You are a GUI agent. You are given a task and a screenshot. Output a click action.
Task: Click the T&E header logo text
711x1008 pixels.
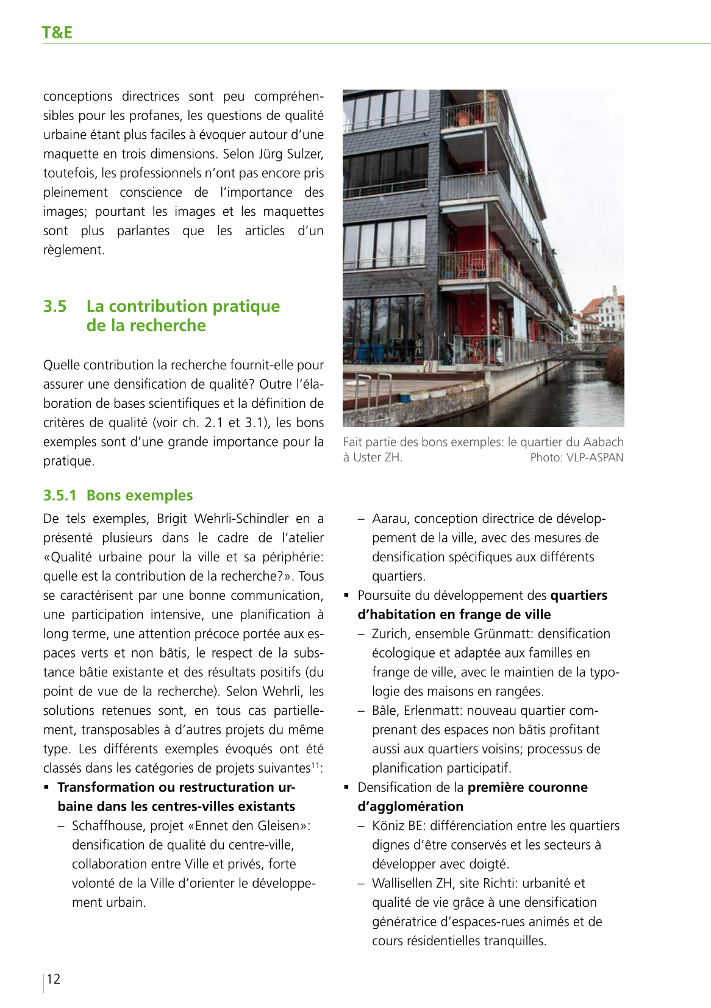click(57, 32)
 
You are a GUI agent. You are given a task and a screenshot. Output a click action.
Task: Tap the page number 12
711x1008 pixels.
click(54, 979)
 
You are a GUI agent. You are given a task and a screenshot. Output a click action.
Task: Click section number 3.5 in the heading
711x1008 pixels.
click(55, 306)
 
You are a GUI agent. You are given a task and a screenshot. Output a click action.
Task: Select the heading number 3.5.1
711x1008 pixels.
click(60, 495)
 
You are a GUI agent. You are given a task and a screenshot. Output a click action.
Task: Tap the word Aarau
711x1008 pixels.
click(390, 519)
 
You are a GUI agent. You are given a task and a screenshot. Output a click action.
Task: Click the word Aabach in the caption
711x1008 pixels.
click(603, 442)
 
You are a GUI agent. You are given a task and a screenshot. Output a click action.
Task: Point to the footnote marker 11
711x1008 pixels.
click(316, 765)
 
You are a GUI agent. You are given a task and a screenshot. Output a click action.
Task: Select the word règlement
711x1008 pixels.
click(73, 250)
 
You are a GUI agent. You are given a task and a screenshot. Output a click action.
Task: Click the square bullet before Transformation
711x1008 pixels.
click(46, 787)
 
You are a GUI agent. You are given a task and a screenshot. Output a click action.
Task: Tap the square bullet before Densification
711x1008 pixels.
click(346, 787)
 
